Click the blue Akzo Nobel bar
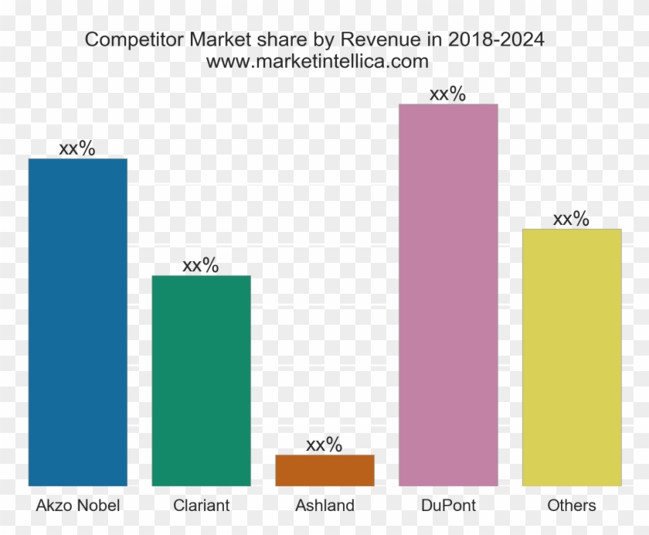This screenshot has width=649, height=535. pyautogui.click(x=77, y=322)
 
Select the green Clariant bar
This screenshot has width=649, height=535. pyautogui.click(x=201, y=380)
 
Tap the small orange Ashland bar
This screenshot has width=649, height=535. pyautogui.click(x=324, y=470)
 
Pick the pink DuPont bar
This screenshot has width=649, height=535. pyautogui.click(x=448, y=295)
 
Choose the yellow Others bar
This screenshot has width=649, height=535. pyautogui.click(x=572, y=357)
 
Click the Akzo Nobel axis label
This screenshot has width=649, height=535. pyautogui.click(x=77, y=506)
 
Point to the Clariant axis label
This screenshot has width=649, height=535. pyautogui.click(x=201, y=506)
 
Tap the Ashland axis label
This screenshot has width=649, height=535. pyautogui.click(x=324, y=506)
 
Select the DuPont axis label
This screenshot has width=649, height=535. pyautogui.click(x=448, y=506)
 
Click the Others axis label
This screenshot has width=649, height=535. pyautogui.click(x=572, y=506)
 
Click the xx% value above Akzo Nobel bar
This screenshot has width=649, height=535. pyautogui.click(x=77, y=148)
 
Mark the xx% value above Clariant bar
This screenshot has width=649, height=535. pyautogui.click(x=201, y=265)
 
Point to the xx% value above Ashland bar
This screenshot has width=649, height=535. pyautogui.click(x=324, y=445)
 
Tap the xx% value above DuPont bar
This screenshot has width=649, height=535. pyautogui.click(x=448, y=94)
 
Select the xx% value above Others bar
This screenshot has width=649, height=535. pyautogui.click(x=572, y=219)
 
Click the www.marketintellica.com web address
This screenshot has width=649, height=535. pyautogui.click(x=318, y=61)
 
